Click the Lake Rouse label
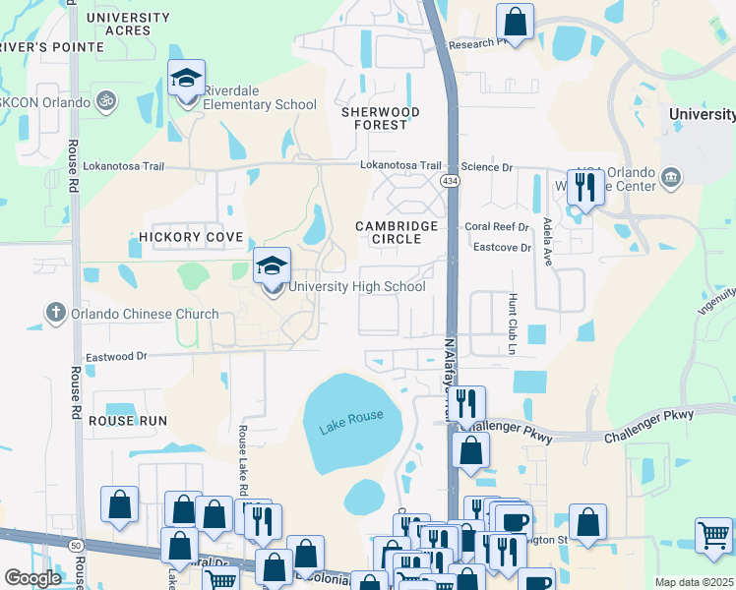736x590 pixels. [350, 422]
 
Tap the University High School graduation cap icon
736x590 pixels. [272, 265]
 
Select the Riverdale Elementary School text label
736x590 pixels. [260, 105]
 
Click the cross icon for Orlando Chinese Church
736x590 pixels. [54, 315]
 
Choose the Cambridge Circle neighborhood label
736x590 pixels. [397, 232]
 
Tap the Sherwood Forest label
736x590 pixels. [380, 119]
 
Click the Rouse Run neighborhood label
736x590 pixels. [128, 420]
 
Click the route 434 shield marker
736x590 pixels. [449, 182]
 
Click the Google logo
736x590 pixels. [32, 577]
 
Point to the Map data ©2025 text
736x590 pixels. [694, 582]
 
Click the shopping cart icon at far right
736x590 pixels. [713, 535]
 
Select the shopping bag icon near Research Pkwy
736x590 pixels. [515, 20]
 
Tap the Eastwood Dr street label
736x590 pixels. [116, 356]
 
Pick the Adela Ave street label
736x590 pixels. [547, 242]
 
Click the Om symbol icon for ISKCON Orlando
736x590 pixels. [100, 100]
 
